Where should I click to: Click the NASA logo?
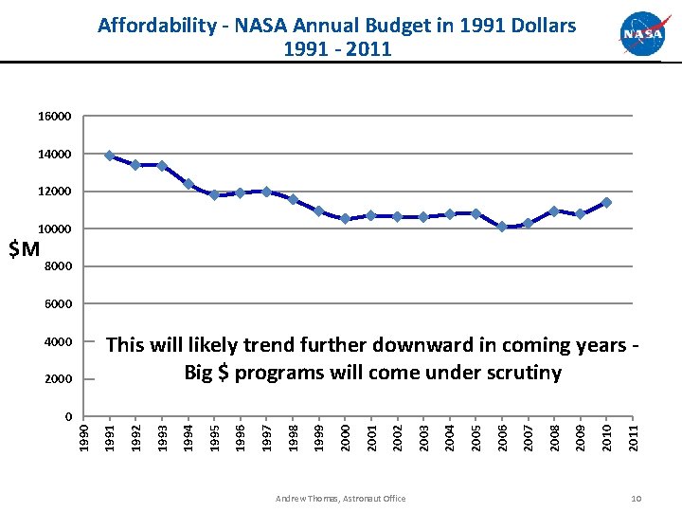[643, 34]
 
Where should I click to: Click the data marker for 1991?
[110, 155]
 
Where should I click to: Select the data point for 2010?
[606, 202]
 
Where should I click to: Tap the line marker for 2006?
[502, 227]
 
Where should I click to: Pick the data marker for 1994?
[188, 184]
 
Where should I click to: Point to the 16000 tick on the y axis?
[56, 117]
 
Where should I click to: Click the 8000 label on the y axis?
[59, 266]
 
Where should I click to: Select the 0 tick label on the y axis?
[69, 416]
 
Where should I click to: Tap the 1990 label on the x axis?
[84, 437]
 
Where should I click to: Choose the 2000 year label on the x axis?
[346, 437]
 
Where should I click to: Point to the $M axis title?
[24, 249]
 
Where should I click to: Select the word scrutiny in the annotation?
[518, 373]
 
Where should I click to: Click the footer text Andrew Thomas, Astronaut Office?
[340, 499]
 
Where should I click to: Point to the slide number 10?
[637, 499]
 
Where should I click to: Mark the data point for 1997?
[267, 192]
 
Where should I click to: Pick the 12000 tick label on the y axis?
[56, 192]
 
